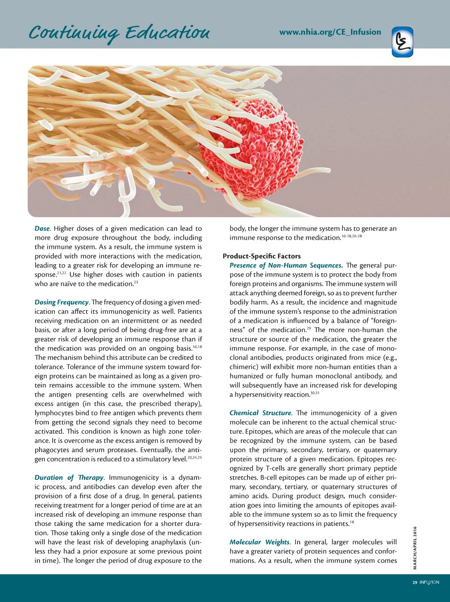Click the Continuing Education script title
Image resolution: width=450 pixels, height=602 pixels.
(119, 33)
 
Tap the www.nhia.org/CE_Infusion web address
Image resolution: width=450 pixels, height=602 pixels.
(330, 32)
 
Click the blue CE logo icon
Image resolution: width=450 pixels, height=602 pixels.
(403, 42)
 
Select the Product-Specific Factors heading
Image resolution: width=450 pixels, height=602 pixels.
(262, 256)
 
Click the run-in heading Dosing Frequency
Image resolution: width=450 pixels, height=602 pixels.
(62, 302)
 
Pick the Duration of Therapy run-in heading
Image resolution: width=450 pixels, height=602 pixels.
(69, 478)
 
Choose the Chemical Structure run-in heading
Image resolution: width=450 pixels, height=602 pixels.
(261, 413)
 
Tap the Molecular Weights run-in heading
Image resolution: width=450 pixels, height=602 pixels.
(260, 542)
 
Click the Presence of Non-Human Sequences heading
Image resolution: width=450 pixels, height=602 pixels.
(286, 265)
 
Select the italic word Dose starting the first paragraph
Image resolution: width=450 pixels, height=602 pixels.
(42, 228)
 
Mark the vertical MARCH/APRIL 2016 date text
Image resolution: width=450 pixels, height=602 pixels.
(415, 548)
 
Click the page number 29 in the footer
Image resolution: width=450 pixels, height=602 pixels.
(414, 583)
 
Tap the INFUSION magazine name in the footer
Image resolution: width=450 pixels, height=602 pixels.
(429, 583)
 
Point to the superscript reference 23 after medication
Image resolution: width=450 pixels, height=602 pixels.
(136, 282)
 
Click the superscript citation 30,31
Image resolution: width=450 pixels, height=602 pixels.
(315, 393)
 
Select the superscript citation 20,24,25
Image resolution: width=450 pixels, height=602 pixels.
(194, 457)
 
